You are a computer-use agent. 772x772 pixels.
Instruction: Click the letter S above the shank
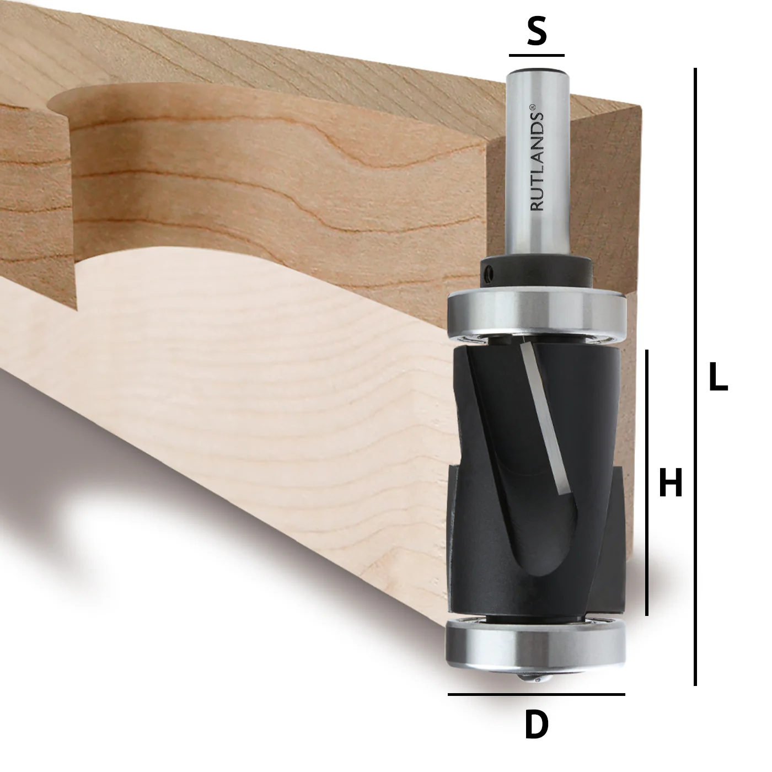click(537, 32)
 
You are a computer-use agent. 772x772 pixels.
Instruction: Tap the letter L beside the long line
click(717, 378)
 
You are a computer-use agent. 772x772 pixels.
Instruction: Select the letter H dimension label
click(671, 482)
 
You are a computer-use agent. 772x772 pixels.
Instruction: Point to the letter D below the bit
click(536, 725)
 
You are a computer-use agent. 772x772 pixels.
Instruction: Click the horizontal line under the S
click(537, 55)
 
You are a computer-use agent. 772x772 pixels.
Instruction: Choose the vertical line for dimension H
click(647, 482)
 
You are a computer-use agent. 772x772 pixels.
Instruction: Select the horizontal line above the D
click(536, 694)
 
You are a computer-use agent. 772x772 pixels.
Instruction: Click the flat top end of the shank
click(537, 71)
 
